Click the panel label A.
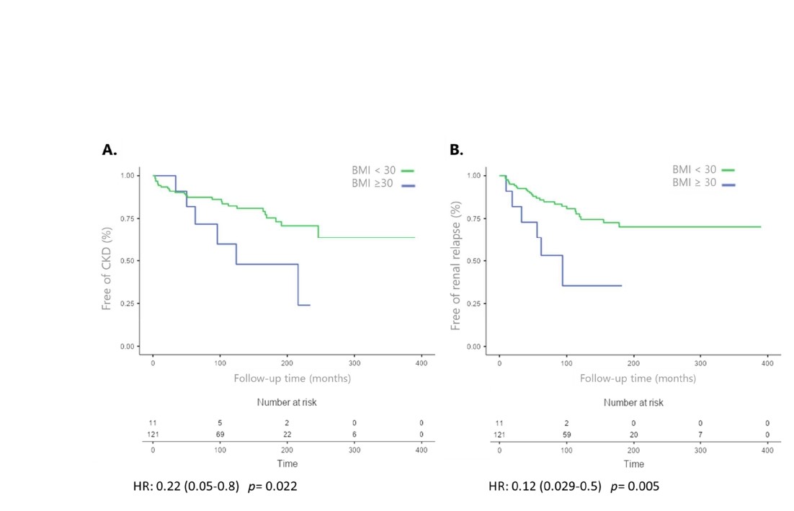click(110, 150)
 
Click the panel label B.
click(456, 150)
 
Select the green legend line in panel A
click(407, 171)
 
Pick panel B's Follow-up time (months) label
click(638, 378)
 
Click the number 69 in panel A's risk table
click(220, 435)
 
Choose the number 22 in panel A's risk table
click(287, 435)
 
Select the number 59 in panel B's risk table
click(566, 435)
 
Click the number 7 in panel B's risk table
click(700, 435)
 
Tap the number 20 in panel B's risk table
click(633, 435)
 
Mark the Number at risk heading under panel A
click(287, 402)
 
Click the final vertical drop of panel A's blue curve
click(298, 285)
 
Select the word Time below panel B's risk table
click(633, 463)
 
